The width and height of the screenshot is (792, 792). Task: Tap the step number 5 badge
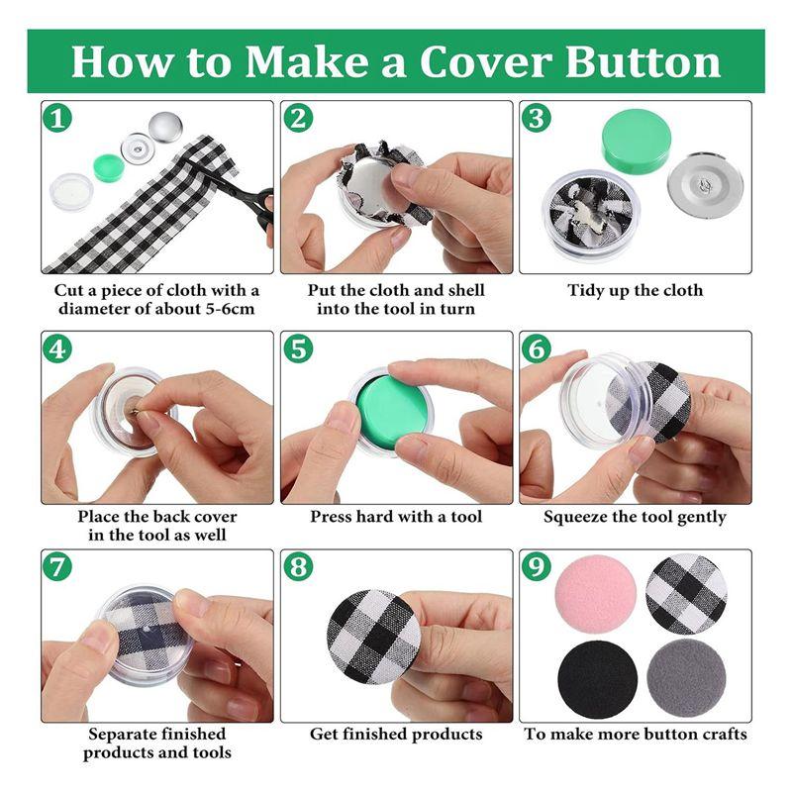point(299,349)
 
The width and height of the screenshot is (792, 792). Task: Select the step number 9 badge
point(538,568)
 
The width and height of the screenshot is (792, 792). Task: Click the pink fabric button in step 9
point(596,594)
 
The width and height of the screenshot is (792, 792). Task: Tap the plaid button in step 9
point(686,594)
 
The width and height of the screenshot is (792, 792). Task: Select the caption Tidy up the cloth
point(635,291)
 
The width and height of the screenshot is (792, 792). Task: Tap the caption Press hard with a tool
point(396,517)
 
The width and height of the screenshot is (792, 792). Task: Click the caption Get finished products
point(396,735)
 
